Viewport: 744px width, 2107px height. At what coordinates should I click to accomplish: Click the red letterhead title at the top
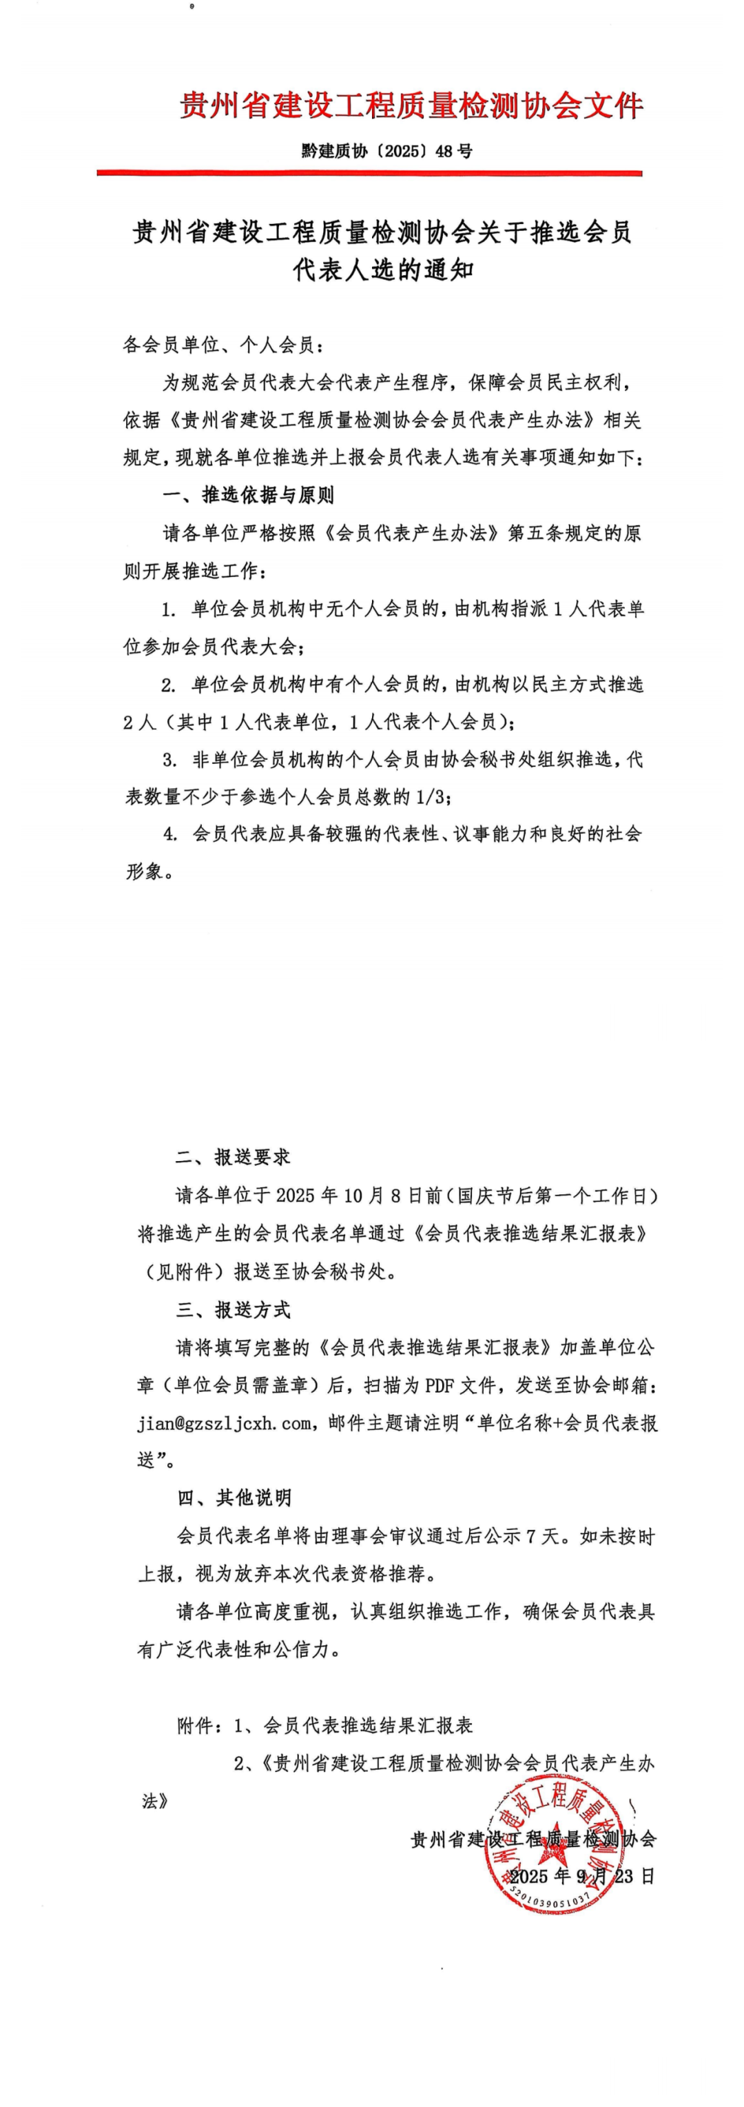point(411,105)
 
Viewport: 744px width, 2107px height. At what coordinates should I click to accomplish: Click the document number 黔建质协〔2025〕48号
point(386,150)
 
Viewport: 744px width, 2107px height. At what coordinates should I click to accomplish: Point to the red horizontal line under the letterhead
point(369,172)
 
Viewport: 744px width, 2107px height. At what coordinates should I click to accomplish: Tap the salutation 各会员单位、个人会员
point(223,345)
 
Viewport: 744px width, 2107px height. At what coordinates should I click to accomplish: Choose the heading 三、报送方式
point(233,1309)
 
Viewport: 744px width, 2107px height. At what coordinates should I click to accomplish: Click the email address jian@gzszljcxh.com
point(224,1423)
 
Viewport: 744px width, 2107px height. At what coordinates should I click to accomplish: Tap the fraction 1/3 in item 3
point(428,796)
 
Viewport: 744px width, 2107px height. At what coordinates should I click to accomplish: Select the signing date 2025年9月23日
point(581,1876)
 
